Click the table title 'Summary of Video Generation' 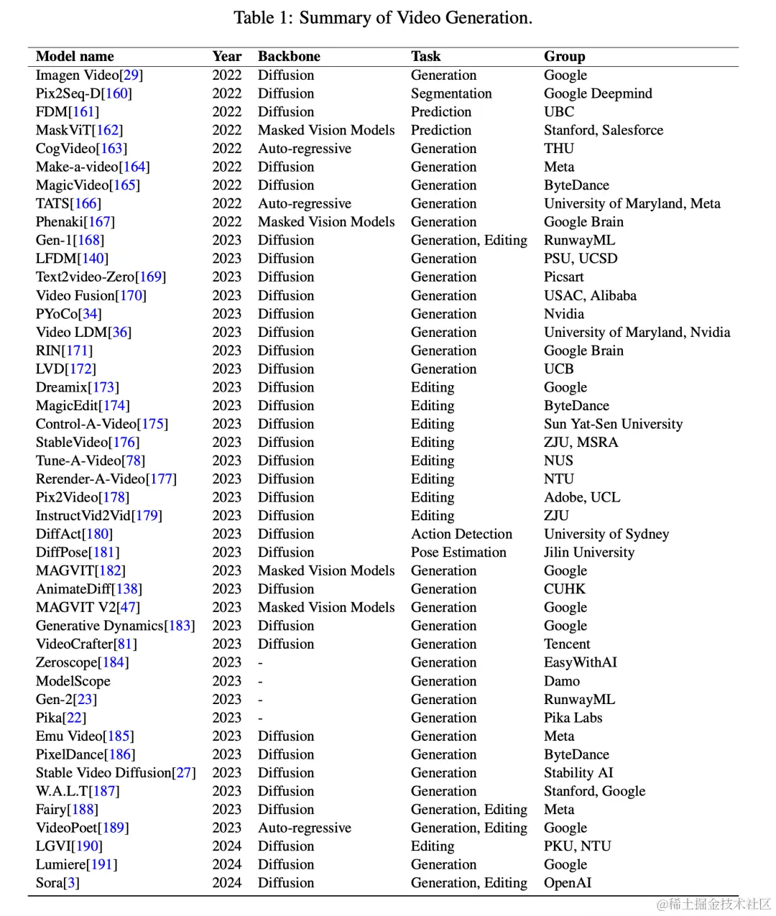(x=415, y=18)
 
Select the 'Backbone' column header (x=289, y=56)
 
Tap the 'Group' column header (x=564, y=56)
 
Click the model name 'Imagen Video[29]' (x=89, y=75)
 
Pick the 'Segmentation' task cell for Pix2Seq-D (x=451, y=93)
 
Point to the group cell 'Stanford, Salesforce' (x=603, y=130)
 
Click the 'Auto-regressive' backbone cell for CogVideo (x=305, y=149)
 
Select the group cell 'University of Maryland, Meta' (x=632, y=203)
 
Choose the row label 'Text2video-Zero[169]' (x=101, y=277)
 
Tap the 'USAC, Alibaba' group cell (x=590, y=295)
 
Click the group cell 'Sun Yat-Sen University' (x=613, y=424)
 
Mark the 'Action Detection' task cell (x=461, y=534)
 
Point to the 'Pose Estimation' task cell (x=458, y=552)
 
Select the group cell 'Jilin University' (x=589, y=552)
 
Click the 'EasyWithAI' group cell (x=580, y=662)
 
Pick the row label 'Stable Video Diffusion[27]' (x=116, y=772)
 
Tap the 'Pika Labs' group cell (x=573, y=718)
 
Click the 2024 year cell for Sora (x=227, y=883)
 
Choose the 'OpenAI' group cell (x=568, y=883)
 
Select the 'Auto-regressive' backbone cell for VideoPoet (x=305, y=828)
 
